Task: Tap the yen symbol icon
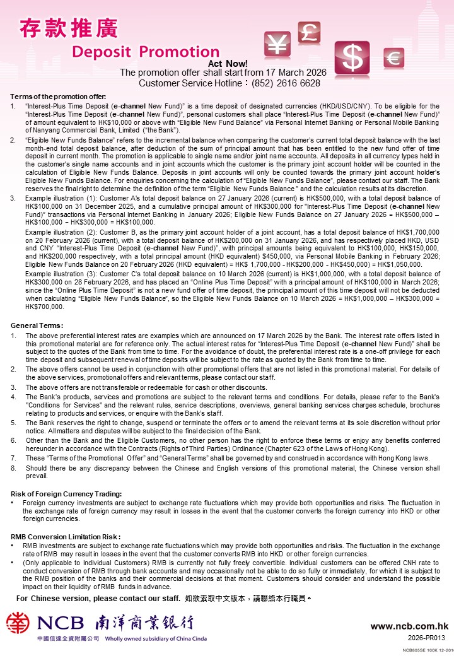point(277,44)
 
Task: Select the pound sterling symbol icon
point(309,33)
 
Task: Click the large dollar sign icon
point(352,58)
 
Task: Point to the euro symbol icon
point(394,59)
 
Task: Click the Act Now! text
point(228,64)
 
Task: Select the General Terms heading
point(37,325)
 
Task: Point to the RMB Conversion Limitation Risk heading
point(66,537)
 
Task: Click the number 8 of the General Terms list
point(13,469)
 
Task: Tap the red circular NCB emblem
point(18,623)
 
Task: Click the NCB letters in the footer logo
point(61,624)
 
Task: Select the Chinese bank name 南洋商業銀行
point(144,623)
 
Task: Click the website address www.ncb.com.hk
point(409,626)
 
